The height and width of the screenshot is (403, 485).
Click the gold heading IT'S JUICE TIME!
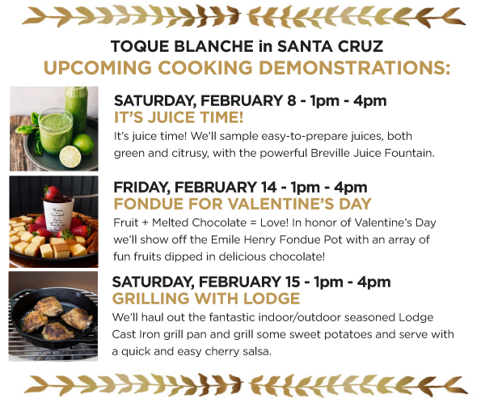tap(179, 117)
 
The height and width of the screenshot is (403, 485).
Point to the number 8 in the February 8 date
tap(291, 100)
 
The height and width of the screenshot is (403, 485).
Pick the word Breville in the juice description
tap(331, 153)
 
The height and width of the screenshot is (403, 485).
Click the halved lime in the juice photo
tap(70, 156)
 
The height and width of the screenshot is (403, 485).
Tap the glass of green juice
tap(56, 131)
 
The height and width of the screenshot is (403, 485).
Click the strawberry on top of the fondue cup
tap(53, 193)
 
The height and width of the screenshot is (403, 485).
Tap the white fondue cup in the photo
tap(58, 216)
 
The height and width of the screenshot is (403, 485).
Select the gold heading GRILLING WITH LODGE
tap(206, 299)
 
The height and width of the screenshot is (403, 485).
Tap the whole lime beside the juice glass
tap(83, 144)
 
